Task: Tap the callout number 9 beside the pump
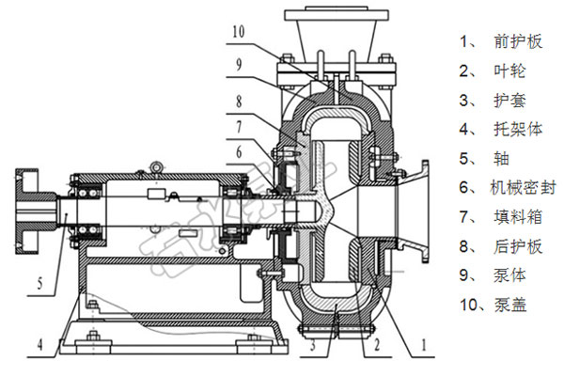point(240,65)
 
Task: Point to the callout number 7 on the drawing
point(240,124)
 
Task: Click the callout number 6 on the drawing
point(240,151)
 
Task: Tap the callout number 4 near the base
point(40,346)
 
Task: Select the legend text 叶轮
point(505,70)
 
